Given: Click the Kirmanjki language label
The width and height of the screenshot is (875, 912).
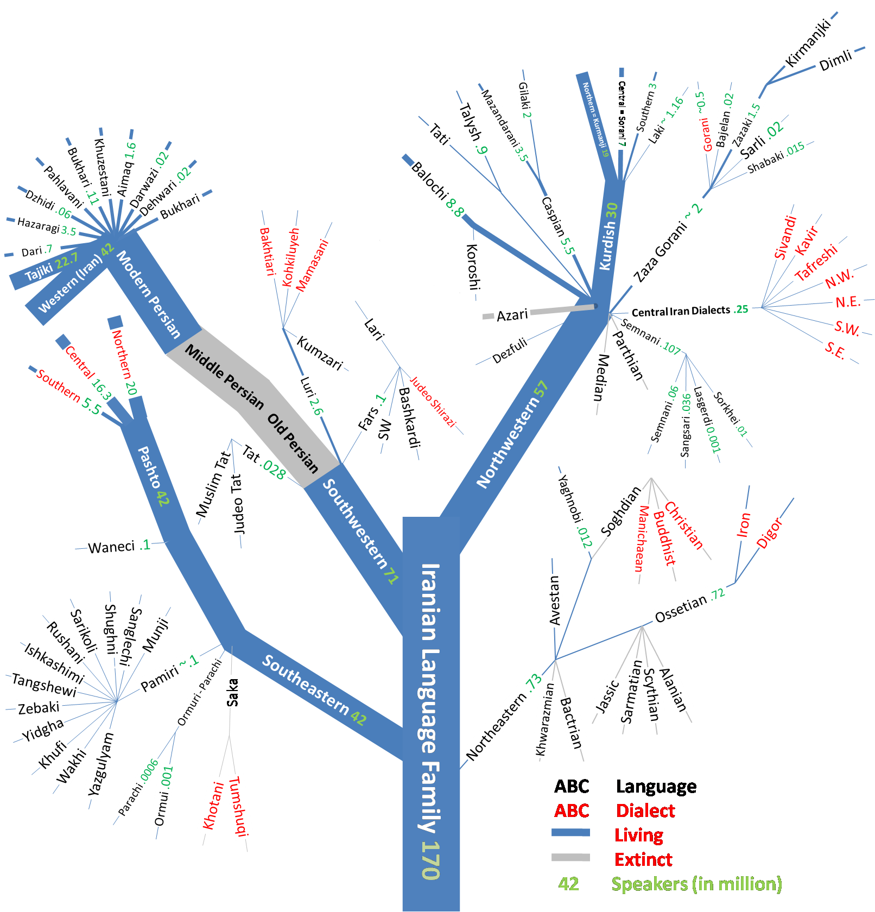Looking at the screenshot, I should coord(808,43).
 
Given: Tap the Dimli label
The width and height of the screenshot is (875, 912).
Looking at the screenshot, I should coord(835,61).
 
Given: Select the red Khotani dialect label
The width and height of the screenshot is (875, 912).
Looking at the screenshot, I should coord(213,805).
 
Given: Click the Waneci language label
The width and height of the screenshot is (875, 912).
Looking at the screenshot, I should coord(111,547).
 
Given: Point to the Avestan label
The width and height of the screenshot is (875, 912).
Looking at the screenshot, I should coord(554,600).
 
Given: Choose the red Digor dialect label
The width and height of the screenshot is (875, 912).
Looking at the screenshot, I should coord(769,533).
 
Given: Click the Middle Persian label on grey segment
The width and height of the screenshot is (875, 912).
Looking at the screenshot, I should coord(224,376).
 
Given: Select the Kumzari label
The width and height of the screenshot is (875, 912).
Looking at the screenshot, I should coord(320,353).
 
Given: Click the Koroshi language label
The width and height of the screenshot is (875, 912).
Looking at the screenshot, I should coord(473,267).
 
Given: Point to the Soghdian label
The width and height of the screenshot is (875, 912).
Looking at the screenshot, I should coord(620,511).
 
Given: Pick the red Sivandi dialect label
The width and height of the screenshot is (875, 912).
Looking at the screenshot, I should coord(785,238).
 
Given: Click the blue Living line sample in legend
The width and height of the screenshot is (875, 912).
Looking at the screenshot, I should coord(570,832).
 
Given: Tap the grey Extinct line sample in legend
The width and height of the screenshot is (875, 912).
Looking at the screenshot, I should coord(570,857).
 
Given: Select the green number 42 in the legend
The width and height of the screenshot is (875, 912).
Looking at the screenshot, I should coord(568,884).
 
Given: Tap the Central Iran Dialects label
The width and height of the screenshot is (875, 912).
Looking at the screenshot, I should coord(681,311).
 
